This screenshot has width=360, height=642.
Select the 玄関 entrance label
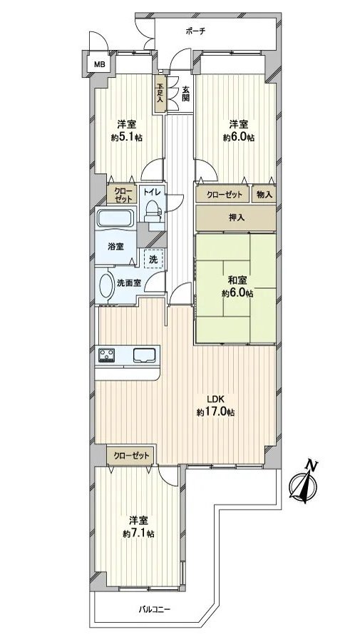[x=185, y=94]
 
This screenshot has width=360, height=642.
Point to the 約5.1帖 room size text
[x=126, y=138]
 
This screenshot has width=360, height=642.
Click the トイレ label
[x=150, y=192]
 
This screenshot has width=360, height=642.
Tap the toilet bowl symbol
[x=151, y=209]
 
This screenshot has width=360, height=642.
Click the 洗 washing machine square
[x=153, y=258]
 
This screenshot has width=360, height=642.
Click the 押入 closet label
[x=235, y=218]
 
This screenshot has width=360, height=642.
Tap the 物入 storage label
[x=263, y=194]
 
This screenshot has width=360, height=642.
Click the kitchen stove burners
[x=108, y=355]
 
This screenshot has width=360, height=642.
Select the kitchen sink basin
[x=147, y=354]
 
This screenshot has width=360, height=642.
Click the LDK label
[x=217, y=400]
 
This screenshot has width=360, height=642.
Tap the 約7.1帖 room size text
[x=137, y=533]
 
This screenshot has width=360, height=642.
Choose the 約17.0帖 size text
[x=217, y=413]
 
